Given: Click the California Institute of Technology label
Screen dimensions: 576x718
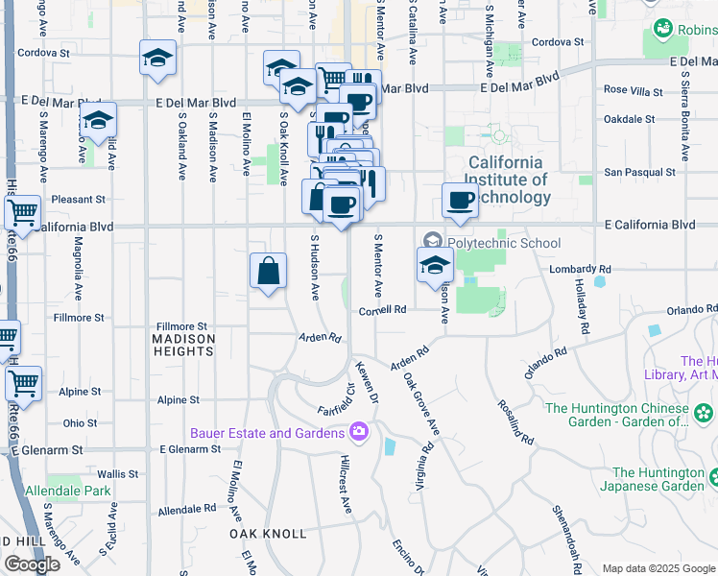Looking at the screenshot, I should click(508, 180).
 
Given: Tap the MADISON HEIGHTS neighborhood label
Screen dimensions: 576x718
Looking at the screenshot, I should click(183, 345).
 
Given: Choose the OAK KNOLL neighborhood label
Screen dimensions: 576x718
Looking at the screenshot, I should click(268, 533).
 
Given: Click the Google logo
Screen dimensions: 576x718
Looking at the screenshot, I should click(32, 564).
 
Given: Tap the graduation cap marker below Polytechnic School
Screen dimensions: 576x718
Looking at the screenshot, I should click(435, 266).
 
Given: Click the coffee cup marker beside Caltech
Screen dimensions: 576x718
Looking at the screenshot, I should click(461, 201).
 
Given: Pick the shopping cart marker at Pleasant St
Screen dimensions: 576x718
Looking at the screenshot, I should click(22, 213).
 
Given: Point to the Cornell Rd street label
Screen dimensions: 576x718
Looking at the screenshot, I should click(384, 310).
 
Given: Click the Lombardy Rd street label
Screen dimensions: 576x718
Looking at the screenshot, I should click(580, 269).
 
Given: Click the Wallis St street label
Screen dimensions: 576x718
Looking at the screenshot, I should click(118, 473).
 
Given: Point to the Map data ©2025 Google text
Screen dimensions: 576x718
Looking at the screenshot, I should click(658, 567).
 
